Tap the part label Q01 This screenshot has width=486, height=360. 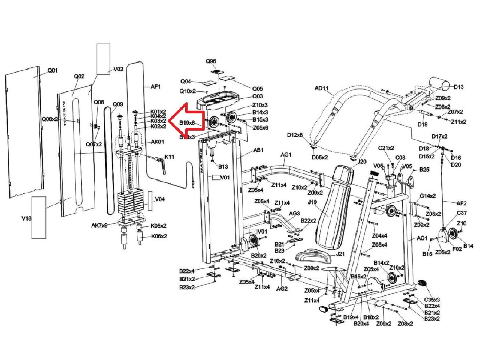tap(53, 70)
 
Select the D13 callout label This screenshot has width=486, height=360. tap(458, 87)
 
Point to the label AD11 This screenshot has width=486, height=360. tap(321, 88)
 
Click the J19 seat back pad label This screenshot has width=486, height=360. tap(312, 202)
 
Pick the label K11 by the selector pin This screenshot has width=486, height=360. tap(169, 157)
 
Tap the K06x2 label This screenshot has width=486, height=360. tap(158, 236)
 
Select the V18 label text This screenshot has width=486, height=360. tap(26, 218)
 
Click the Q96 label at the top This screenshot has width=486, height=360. tap(211, 61)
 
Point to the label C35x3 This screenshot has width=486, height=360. tap(432, 300)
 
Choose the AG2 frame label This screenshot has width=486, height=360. tap(282, 289)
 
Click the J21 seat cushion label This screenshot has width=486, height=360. tap(340, 254)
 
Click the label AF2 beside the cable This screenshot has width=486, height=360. tap(462, 203)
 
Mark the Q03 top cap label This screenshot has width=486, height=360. tap(257, 96)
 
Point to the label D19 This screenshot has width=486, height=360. tap(422, 124)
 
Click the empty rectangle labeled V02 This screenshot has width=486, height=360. tap(103, 58)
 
